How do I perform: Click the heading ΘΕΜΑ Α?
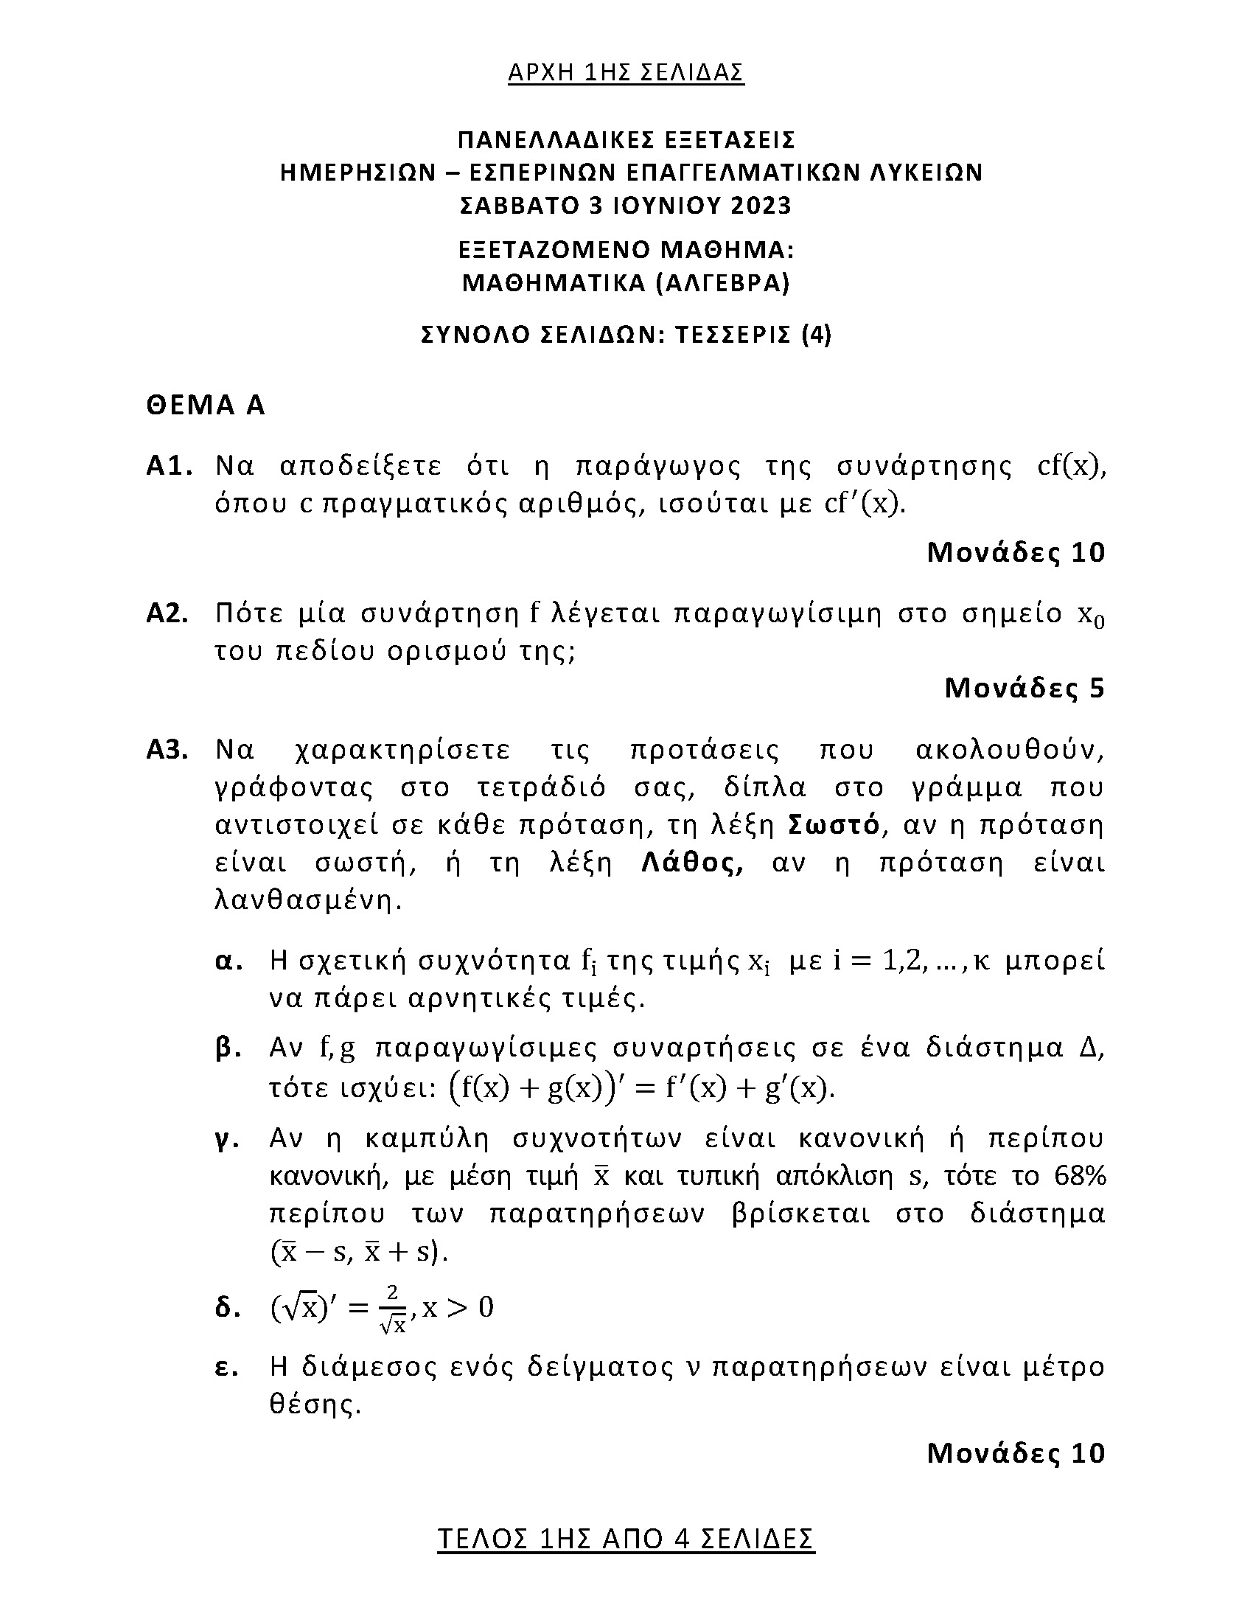click(206, 405)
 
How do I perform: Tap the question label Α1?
click(170, 467)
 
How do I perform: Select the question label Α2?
click(168, 614)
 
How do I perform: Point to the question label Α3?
click(168, 750)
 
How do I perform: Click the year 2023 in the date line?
click(761, 205)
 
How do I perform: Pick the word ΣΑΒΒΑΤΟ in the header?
click(518, 205)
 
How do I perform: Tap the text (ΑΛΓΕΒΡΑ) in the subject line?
click(724, 283)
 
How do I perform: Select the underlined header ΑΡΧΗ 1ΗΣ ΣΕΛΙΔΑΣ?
click(626, 72)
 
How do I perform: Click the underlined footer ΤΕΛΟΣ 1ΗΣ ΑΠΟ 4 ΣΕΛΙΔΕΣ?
click(626, 1539)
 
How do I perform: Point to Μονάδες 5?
click(1025, 689)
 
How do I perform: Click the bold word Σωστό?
click(834, 825)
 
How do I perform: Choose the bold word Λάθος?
click(692, 863)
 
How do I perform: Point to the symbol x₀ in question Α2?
click(1090, 616)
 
